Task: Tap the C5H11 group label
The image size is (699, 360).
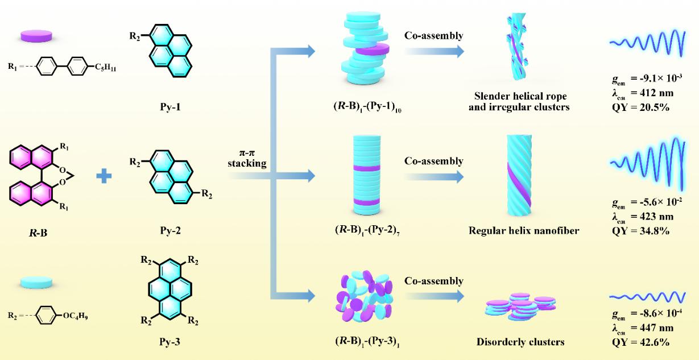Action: click(100, 69)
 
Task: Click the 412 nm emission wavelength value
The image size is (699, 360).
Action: click(647, 96)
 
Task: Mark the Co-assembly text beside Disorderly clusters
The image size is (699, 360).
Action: click(433, 281)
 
